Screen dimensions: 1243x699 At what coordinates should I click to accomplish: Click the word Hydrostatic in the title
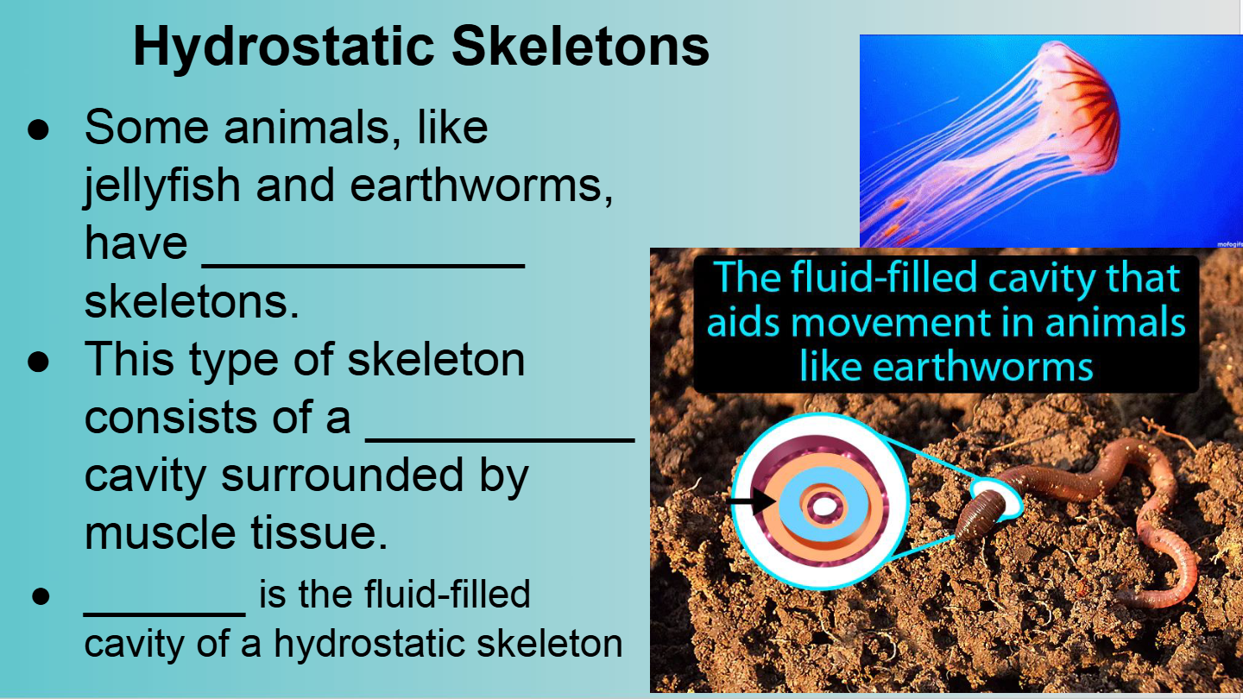[283, 47]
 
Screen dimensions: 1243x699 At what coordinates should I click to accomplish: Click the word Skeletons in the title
[580, 46]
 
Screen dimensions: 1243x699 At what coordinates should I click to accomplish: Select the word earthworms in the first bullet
[481, 186]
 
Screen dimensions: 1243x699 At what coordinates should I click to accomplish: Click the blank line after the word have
[363, 267]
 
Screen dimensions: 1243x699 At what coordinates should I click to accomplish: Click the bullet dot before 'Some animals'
[38, 131]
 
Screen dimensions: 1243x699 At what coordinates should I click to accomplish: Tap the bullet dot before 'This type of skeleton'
[38, 362]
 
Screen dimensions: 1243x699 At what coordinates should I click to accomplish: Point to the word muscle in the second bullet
[160, 532]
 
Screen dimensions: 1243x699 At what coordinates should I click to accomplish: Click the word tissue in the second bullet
[319, 532]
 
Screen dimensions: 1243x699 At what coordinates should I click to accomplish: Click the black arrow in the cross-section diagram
[751, 501]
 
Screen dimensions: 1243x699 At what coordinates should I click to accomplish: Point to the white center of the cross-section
[824, 506]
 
